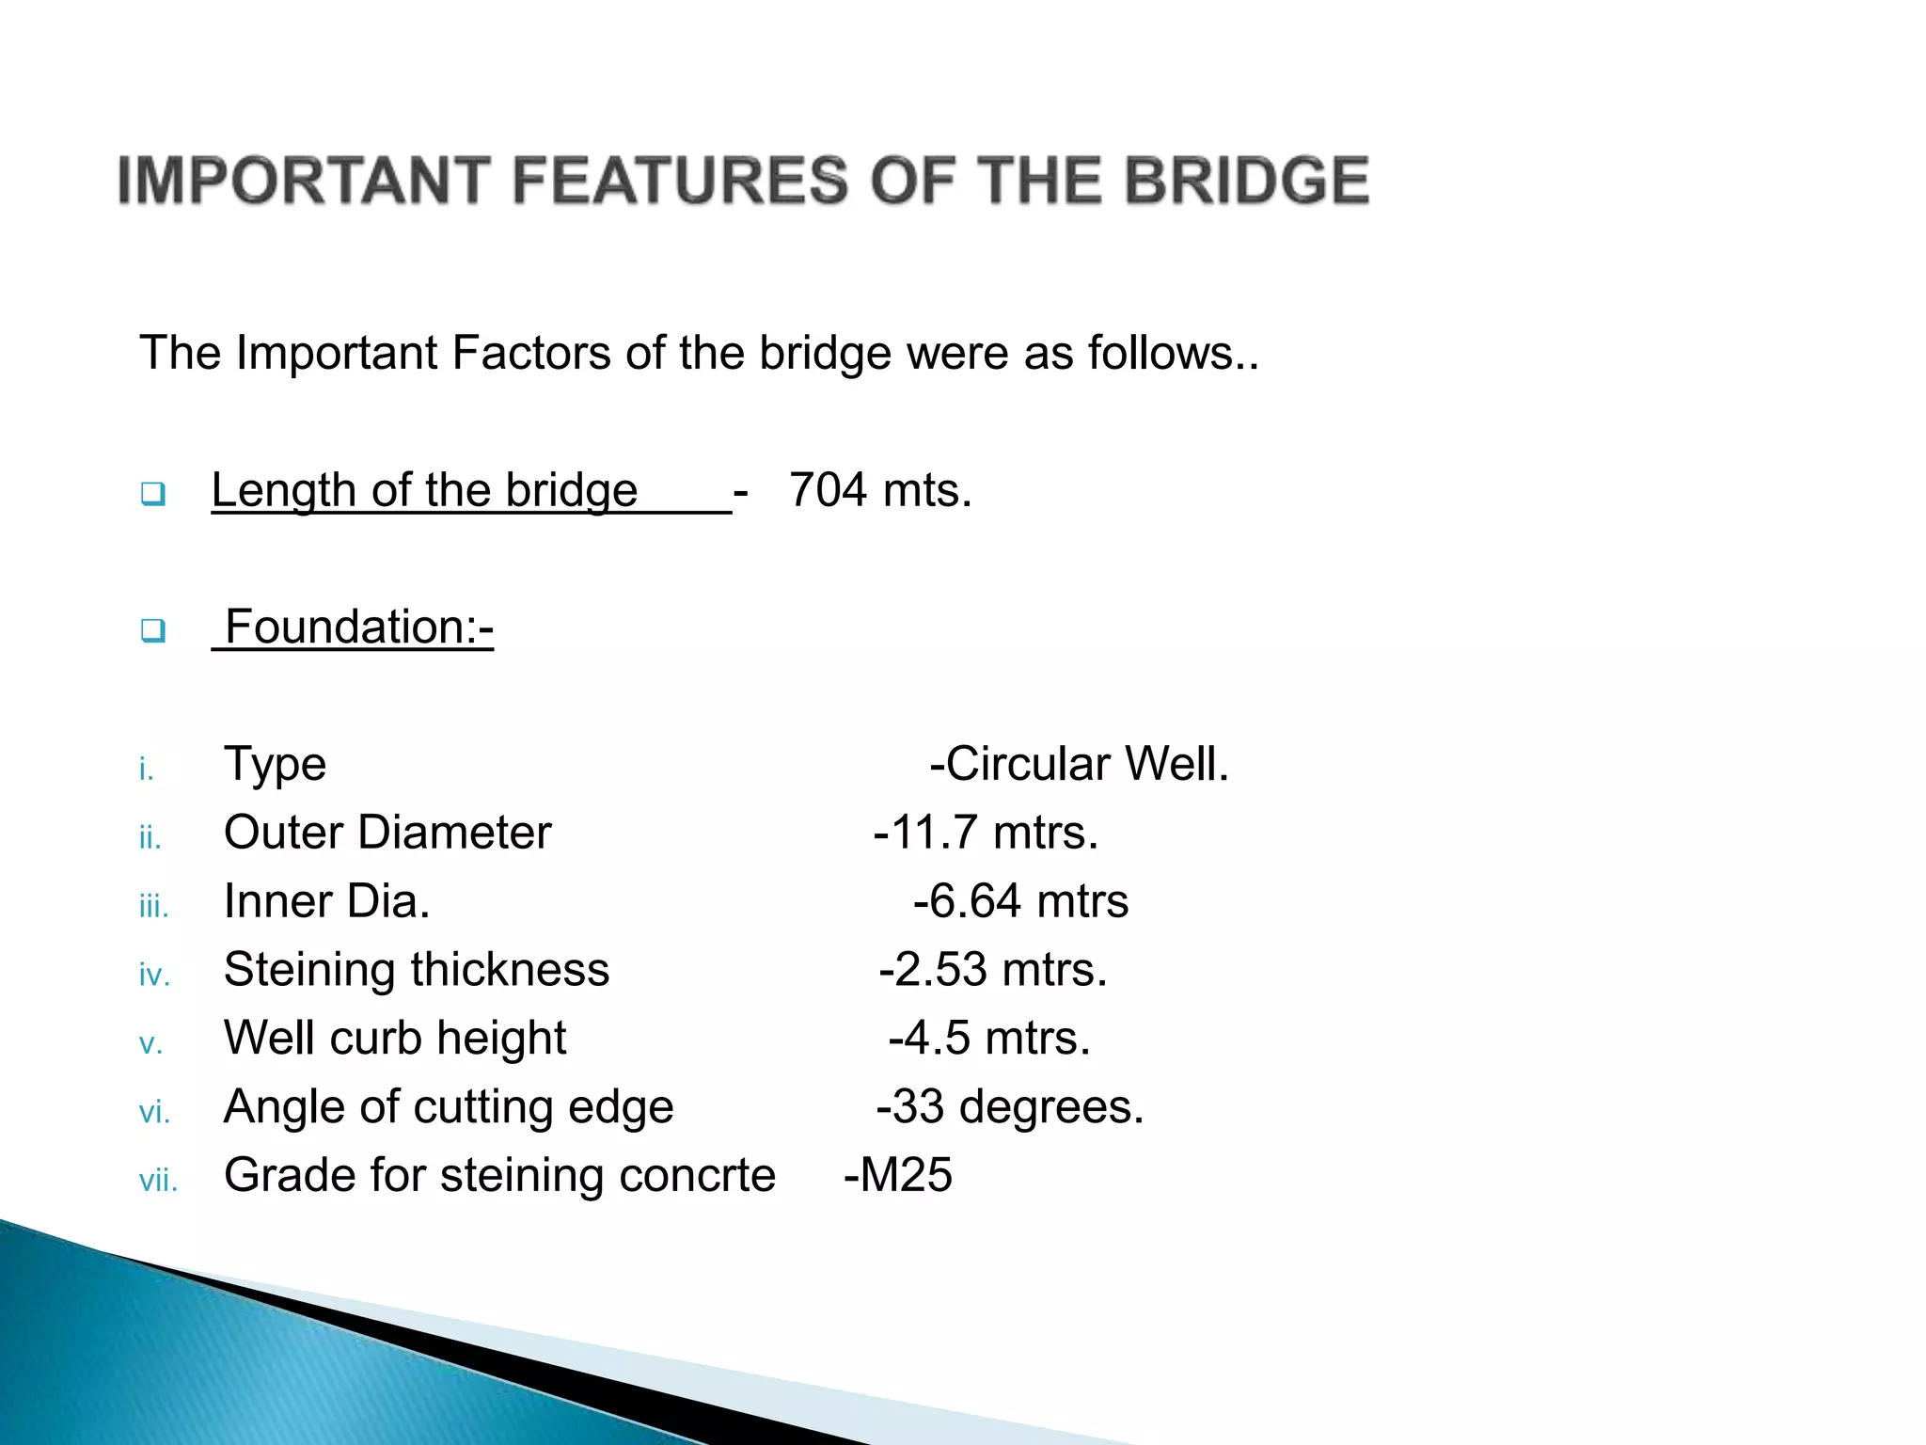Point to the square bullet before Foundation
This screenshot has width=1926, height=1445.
152,629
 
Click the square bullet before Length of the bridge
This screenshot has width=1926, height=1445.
152,493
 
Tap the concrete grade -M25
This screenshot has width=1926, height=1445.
898,1176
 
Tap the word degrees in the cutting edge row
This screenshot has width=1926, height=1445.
1050,1107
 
